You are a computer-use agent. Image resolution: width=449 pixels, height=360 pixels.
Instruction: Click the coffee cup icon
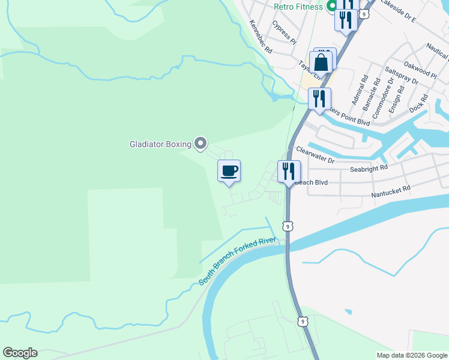[229, 171]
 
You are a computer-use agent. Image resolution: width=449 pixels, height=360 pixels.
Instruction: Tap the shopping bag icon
[321, 63]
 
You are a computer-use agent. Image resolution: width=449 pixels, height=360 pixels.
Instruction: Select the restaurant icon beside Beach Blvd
[289, 172]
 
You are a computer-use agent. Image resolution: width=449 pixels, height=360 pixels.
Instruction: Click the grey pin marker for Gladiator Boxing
[201, 143]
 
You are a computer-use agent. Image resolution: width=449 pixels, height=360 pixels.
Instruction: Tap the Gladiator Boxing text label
[160, 144]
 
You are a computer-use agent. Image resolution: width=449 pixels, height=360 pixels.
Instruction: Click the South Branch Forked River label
[237, 261]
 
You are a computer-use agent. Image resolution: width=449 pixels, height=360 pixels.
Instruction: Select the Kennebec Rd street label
[261, 37]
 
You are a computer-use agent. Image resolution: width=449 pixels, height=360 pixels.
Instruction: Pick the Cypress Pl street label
[283, 32]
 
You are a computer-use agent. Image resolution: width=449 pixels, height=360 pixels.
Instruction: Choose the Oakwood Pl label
[421, 69]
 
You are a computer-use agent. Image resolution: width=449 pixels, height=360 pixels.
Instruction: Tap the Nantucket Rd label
[390, 191]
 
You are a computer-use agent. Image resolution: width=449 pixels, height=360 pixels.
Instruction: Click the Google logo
[20, 353]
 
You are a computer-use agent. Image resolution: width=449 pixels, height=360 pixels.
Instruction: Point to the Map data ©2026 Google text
[411, 355]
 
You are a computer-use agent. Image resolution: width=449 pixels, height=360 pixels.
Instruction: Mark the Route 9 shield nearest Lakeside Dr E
[364, 13]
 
